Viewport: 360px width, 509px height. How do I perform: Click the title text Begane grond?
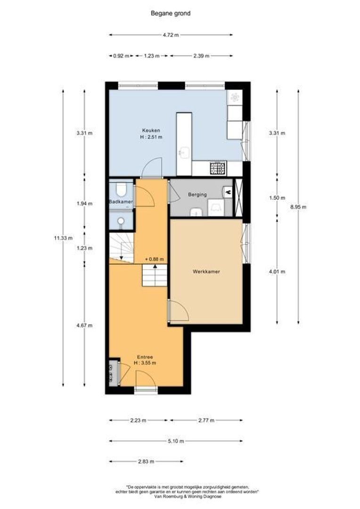[x=170, y=14]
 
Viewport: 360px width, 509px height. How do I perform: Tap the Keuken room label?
[x=151, y=130]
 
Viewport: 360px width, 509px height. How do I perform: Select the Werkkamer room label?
[x=206, y=271]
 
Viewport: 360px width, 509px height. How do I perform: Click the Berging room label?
[x=197, y=194]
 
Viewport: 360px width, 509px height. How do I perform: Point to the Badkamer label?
[x=120, y=202]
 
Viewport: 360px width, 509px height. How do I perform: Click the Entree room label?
[x=145, y=357]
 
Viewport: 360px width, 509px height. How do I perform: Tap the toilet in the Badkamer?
[x=122, y=190]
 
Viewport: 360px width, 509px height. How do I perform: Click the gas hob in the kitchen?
[x=218, y=168]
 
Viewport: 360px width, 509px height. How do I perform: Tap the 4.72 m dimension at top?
[x=171, y=35]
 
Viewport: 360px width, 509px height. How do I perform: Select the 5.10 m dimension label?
[x=176, y=441]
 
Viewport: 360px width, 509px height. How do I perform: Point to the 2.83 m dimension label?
[x=146, y=462]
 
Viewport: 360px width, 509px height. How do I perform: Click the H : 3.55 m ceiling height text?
[x=145, y=363]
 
